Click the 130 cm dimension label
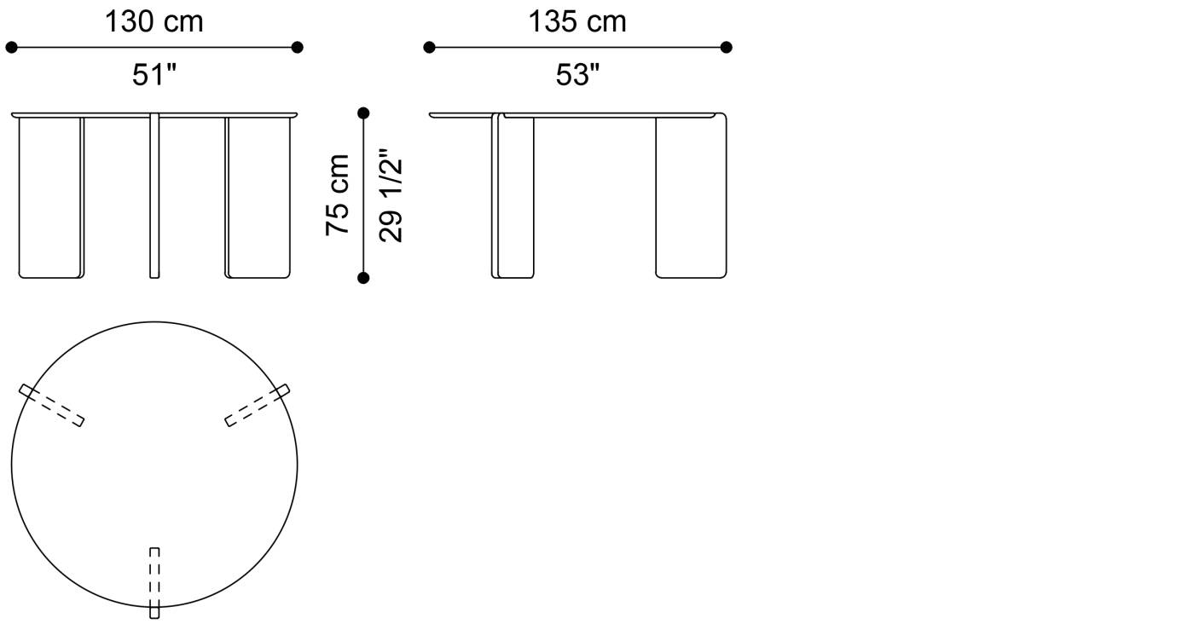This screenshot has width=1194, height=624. point(154,22)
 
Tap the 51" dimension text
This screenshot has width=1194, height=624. point(154,75)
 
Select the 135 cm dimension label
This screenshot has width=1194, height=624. point(577,22)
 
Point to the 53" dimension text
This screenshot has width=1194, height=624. point(577,75)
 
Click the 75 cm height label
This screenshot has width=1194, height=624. point(338,195)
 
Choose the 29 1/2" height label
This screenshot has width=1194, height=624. point(391,195)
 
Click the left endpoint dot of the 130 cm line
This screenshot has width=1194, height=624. point(11,48)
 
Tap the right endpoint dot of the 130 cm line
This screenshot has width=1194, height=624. point(298,48)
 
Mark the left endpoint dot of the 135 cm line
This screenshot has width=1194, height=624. point(429,48)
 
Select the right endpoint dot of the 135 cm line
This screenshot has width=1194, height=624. point(726,48)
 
